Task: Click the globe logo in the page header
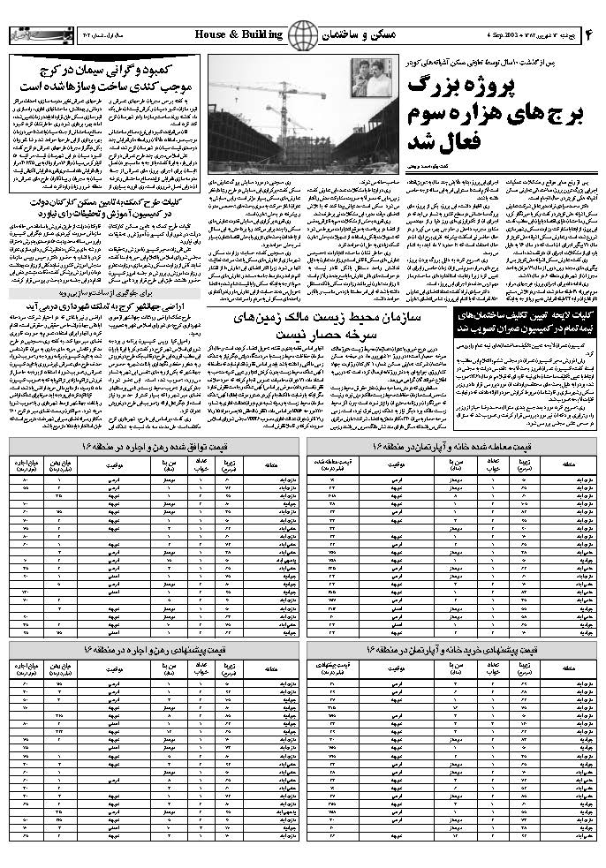pyautogui.click(x=303, y=35)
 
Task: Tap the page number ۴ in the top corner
pyautogui.click(x=588, y=34)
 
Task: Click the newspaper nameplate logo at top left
pyautogui.click(x=36, y=34)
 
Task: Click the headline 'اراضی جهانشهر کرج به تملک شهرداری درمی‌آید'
pyautogui.click(x=104, y=328)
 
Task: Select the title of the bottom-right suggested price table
pyautogui.click(x=454, y=649)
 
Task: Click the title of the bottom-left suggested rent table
pyautogui.click(x=155, y=649)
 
